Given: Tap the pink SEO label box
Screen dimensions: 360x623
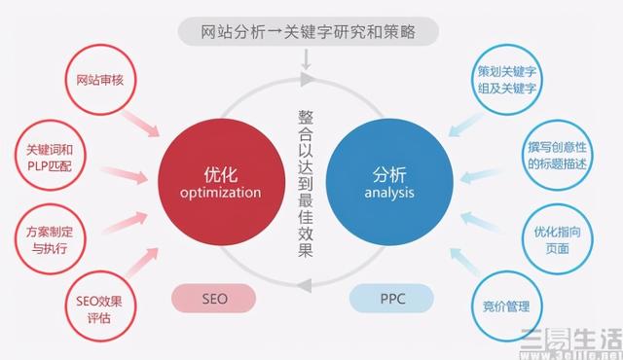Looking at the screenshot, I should [x=215, y=299].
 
